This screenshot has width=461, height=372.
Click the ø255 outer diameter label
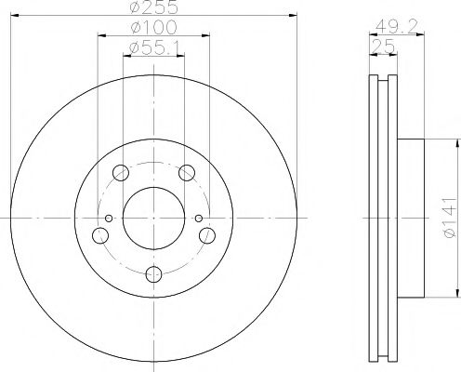pyautogui.click(x=153, y=7)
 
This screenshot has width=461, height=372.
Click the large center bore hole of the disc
pyautogui.click(x=153, y=219)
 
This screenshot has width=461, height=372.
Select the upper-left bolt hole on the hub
pyautogui.click(x=119, y=173)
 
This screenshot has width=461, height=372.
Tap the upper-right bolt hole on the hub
pyautogui.click(x=187, y=173)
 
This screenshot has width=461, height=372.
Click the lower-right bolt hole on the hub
pyautogui.click(x=208, y=236)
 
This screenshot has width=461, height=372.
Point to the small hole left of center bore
pyautogui.click(x=109, y=219)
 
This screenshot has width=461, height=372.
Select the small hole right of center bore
pyautogui.click(x=198, y=219)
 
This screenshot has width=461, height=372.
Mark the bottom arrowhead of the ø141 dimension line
pyautogui.click(x=456, y=296)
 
